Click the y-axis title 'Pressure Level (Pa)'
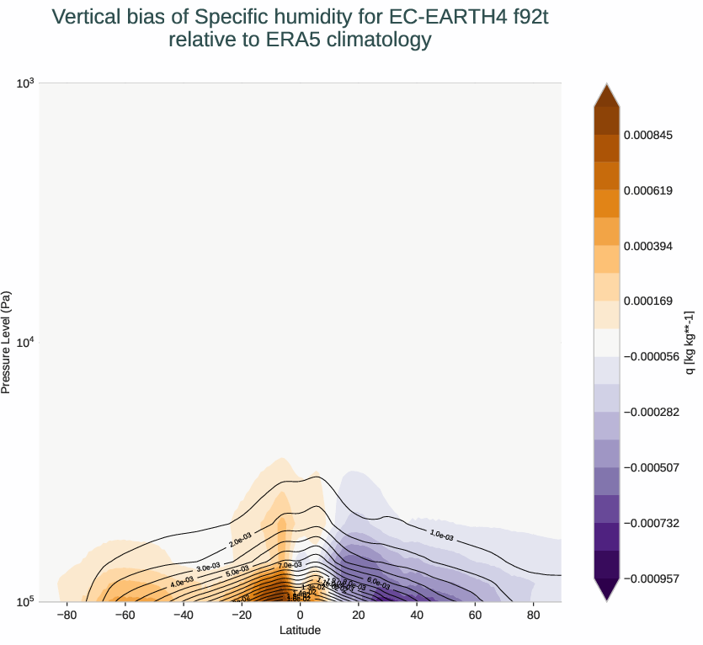tap(7, 342)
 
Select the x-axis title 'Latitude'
tap(301, 630)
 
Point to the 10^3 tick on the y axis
tap(24, 83)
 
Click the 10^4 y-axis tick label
tap(24, 342)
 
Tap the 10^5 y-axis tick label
tap(24, 601)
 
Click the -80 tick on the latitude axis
tap(67, 616)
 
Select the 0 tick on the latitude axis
tap(301, 616)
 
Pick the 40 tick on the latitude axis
tap(417, 616)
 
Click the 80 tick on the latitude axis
tap(533, 616)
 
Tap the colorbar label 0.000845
tap(647, 135)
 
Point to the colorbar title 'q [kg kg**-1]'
tap(690, 342)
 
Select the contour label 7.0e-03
tap(290, 565)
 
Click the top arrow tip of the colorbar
tap(606, 85)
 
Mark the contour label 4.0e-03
tap(182, 581)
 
